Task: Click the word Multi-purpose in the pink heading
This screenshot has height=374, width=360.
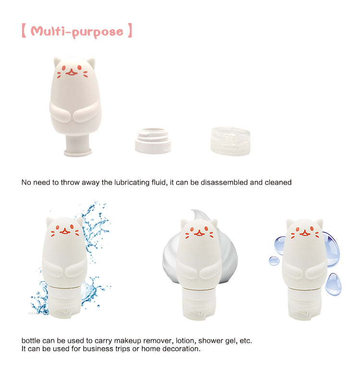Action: (77, 32)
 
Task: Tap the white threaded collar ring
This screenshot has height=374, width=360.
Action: (153, 140)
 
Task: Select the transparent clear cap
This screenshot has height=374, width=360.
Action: (230, 141)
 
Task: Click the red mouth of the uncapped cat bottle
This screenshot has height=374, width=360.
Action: (72, 72)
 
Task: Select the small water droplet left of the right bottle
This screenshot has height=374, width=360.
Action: (274, 261)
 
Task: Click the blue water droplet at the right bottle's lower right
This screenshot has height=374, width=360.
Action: (333, 284)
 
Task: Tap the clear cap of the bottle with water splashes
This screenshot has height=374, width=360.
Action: (64, 303)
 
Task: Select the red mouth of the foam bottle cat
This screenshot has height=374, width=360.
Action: (199, 234)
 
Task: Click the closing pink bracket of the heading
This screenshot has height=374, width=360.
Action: (130, 30)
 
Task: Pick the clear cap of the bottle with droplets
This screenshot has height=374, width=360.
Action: (304, 304)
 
